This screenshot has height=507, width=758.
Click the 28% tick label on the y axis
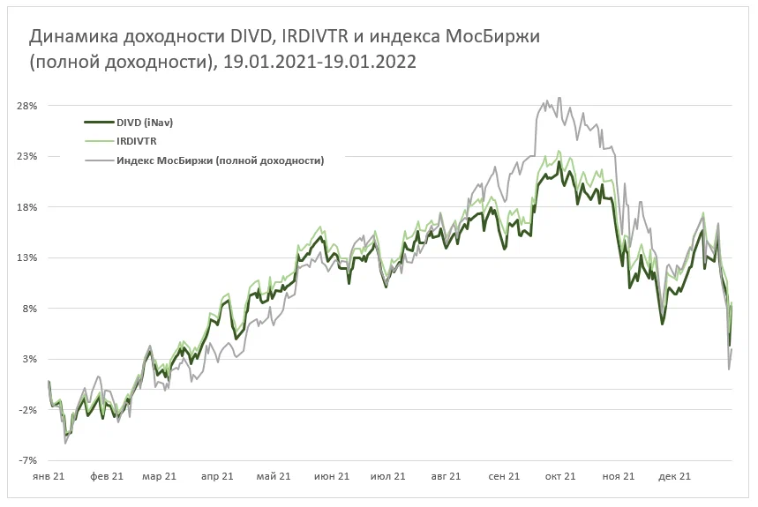click(27, 106)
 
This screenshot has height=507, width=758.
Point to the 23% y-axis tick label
click(27, 156)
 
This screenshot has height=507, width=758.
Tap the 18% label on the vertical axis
click(27, 207)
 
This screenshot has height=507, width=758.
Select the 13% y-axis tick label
click(27, 257)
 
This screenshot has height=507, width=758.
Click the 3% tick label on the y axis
click(30, 359)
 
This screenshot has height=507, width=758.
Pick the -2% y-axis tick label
click(28, 410)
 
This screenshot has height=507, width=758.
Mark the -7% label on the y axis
click(28, 460)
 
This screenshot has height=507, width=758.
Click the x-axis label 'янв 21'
click(49, 476)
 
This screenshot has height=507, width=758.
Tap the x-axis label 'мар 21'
click(160, 476)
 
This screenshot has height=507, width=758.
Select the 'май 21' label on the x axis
click(274, 476)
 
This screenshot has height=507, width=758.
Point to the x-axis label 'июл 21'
click(388, 476)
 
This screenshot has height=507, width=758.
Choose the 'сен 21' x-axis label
click(503, 476)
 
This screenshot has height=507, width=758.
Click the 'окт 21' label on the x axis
click(559, 476)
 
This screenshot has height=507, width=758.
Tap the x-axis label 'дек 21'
click(673, 476)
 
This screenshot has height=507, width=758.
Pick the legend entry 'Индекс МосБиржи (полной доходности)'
click(220, 160)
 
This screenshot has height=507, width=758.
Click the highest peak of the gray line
click(559, 99)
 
